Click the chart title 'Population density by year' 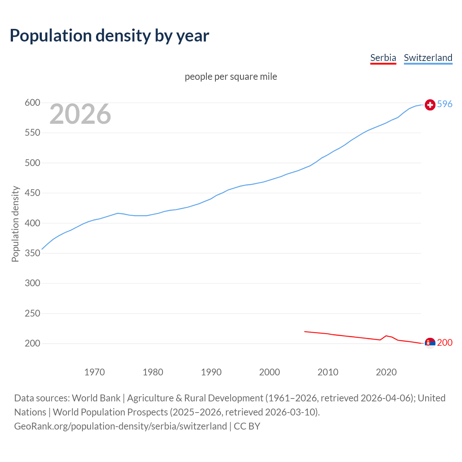tap(109, 36)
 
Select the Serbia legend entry tap(383, 58)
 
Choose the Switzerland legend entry tap(428, 58)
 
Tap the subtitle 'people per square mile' tap(231, 77)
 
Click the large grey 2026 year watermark tap(80, 114)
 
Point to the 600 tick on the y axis tap(32, 103)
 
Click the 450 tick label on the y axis tap(32, 193)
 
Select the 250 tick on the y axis tap(32, 313)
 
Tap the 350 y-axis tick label tap(32, 253)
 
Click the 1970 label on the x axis tap(95, 372)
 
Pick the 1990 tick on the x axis tap(211, 372)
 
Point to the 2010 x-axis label tap(328, 372)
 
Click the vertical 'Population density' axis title tap(15, 224)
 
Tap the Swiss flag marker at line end tap(430, 105)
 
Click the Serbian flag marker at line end tap(430, 343)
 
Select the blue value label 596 tap(445, 104)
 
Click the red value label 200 tap(445, 343)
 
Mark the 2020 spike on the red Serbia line tap(386, 336)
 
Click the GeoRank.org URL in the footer tap(121, 426)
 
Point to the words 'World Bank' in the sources tap(96, 398)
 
